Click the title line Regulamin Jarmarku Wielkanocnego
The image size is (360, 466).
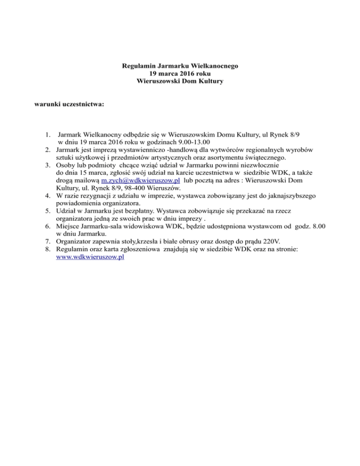click(180, 66)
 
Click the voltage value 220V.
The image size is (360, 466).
click(269, 241)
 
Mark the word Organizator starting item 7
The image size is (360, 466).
click(73, 241)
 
